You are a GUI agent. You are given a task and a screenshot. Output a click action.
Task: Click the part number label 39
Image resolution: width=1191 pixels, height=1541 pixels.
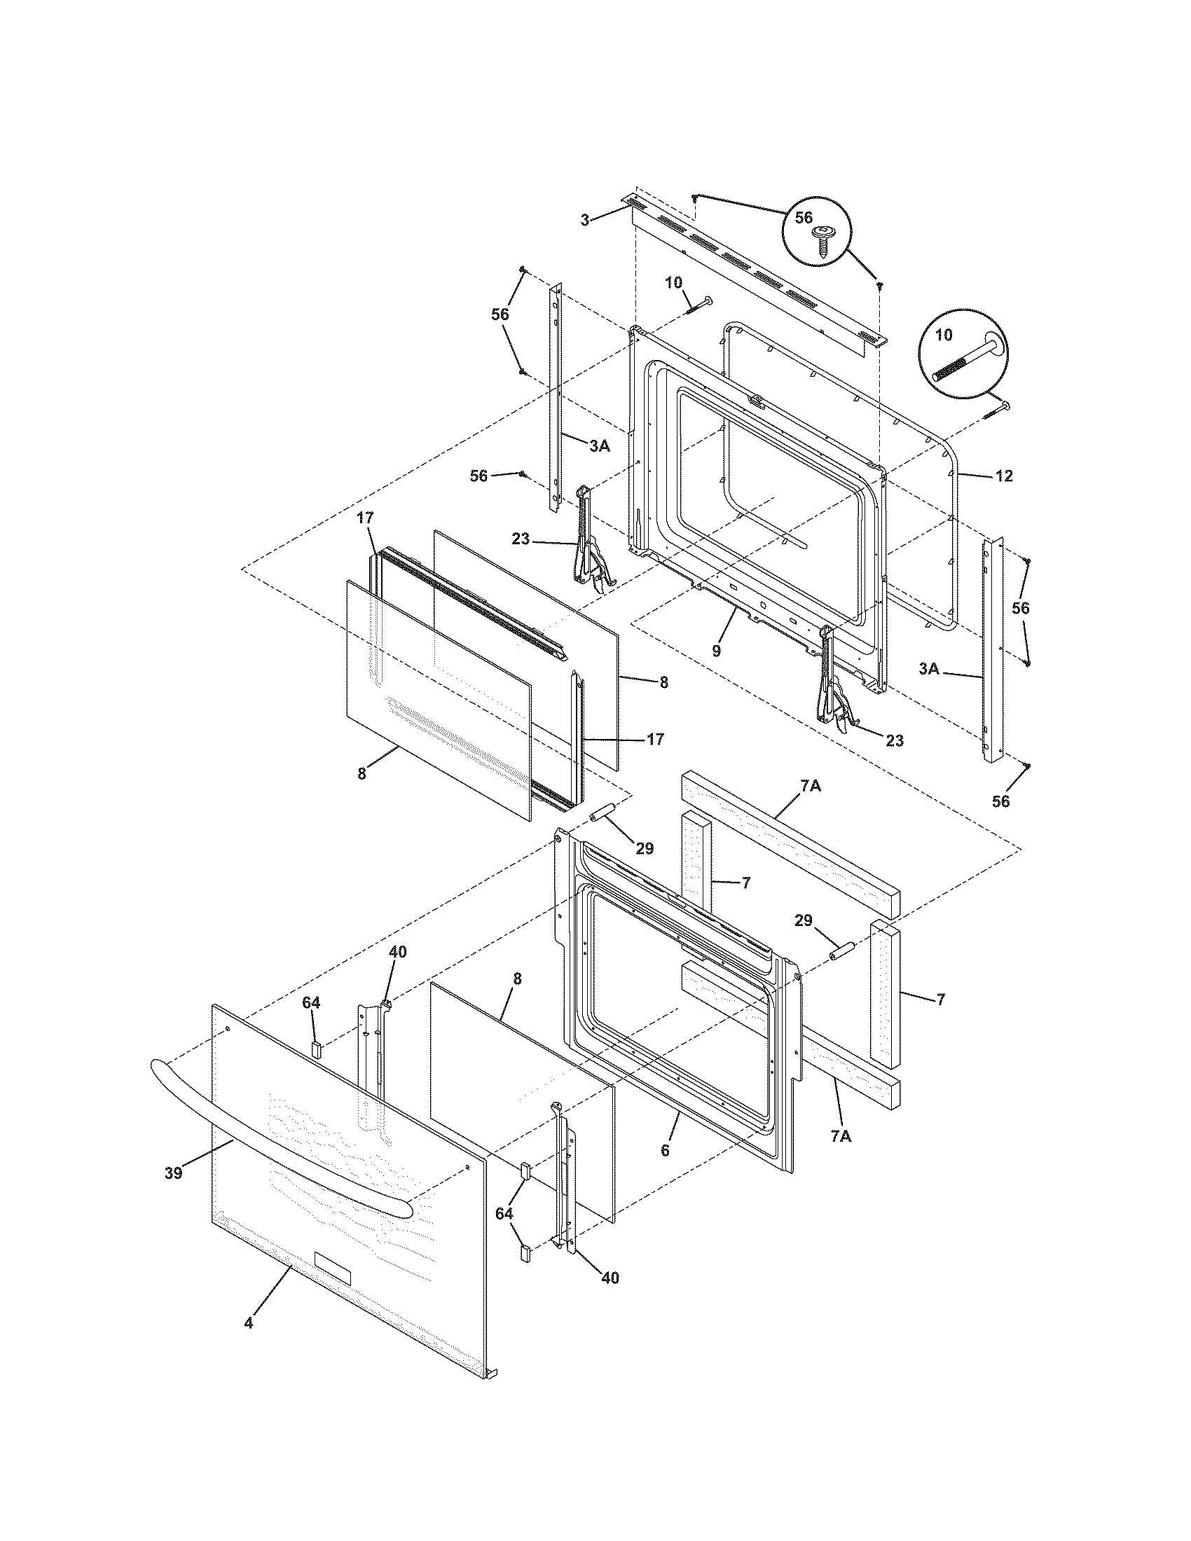point(174,1173)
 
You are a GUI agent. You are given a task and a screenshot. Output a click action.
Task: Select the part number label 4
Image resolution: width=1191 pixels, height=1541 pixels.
point(249,1323)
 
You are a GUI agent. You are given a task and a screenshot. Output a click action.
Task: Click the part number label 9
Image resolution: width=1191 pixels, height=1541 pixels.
point(716,651)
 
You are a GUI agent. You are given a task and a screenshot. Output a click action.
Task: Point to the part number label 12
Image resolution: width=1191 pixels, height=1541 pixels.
point(1004,476)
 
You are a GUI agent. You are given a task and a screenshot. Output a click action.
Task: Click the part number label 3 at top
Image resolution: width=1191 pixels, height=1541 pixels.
point(585,221)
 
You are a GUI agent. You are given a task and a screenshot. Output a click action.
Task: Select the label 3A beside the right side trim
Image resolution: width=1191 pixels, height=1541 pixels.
point(929,669)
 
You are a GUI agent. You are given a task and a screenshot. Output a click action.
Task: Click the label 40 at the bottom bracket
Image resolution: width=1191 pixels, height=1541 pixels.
point(610,1278)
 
